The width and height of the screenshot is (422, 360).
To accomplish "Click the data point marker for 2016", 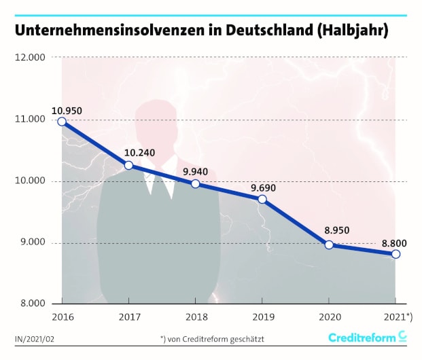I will tap(62, 122).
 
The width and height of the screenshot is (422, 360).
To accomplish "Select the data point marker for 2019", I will tap(262, 199).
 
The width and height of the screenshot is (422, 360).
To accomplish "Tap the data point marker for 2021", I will tap(395, 254).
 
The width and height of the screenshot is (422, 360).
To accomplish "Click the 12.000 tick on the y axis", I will tap(29, 58).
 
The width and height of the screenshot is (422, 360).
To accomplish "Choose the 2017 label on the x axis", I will tap(128, 317).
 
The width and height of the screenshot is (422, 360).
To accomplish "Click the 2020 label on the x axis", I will tap(329, 317).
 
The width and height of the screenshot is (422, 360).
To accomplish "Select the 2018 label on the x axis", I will tap(195, 317).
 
